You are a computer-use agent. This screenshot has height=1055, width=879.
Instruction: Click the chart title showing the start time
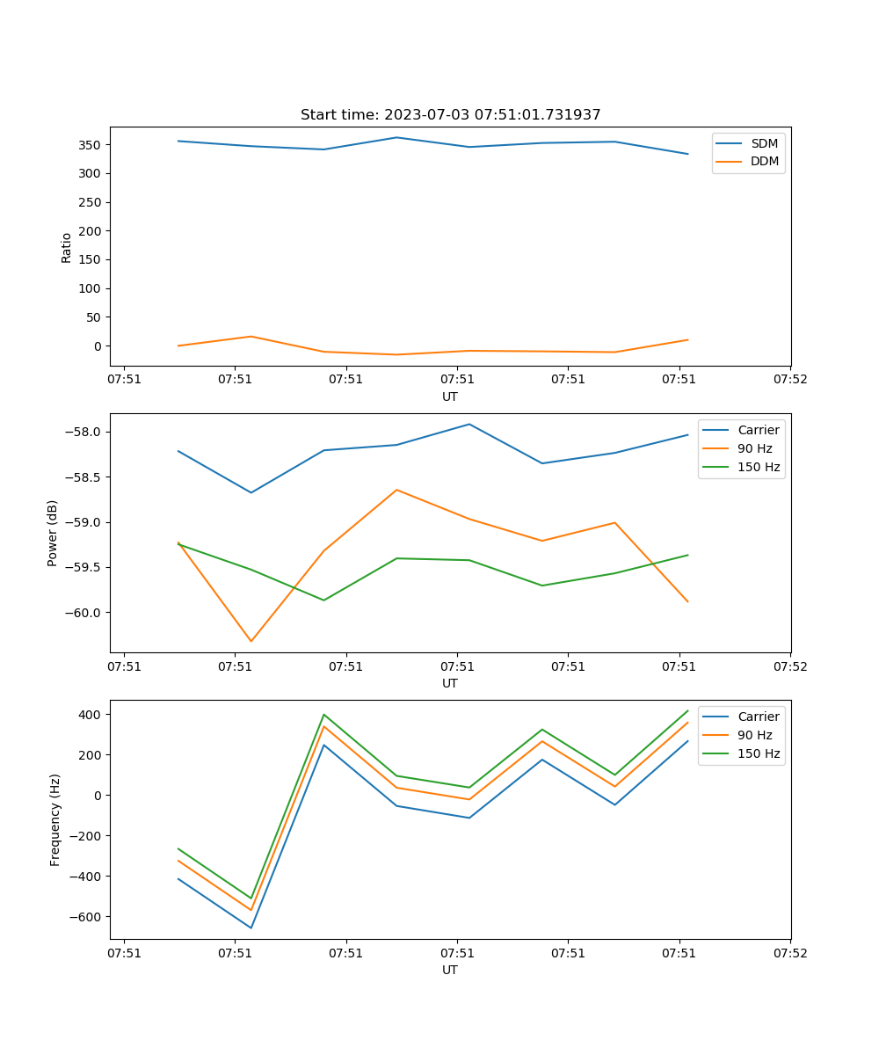[x=450, y=115]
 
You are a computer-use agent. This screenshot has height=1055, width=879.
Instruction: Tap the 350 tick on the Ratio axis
[x=91, y=144]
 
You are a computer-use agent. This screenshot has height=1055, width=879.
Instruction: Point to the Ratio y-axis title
[x=67, y=248]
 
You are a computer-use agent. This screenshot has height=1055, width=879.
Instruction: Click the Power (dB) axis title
[x=54, y=533]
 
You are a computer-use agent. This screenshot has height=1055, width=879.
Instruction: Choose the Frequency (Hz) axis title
[x=55, y=819]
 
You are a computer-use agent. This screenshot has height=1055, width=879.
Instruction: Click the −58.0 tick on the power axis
[x=86, y=432]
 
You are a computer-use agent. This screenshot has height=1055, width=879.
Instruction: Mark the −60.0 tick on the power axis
[x=86, y=612]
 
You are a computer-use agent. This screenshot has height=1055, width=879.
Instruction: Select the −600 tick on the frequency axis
[x=88, y=916]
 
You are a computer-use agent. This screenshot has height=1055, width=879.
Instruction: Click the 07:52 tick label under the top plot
[x=789, y=379]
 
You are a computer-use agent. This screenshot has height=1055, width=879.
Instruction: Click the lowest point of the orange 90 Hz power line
[x=251, y=641]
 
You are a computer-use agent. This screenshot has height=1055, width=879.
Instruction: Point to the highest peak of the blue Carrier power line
[x=469, y=424]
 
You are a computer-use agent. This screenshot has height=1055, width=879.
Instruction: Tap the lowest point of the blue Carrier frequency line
[x=251, y=928]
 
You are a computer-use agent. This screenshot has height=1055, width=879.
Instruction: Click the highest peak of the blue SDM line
[x=396, y=137]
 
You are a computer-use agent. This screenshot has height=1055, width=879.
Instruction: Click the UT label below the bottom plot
[x=450, y=970]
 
